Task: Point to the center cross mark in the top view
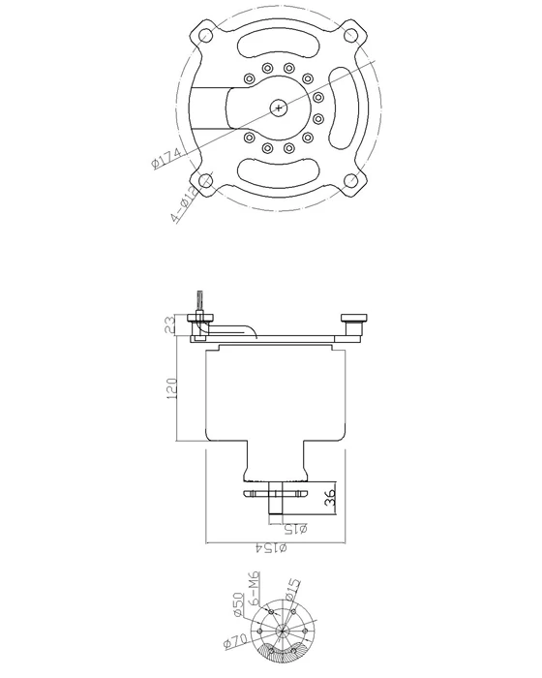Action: tap(280, 108)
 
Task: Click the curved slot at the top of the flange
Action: tap(280, 46)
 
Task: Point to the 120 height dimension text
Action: tap(170, 388)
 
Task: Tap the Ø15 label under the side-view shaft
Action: tap(296, 528)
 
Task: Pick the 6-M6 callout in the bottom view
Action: tap(254, 588)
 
